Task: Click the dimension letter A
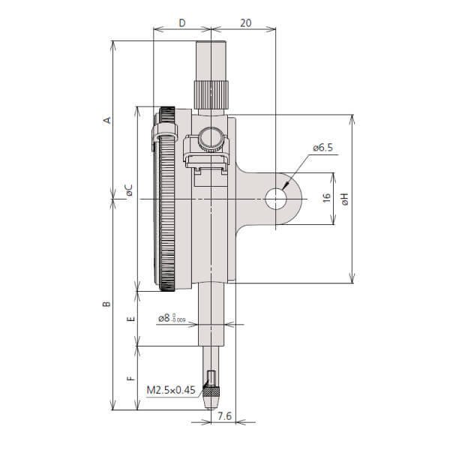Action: pyautogui.click(x=106, y=120)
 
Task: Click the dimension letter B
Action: pyautogui.click(x=106, y=304)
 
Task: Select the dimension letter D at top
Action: pyautogui.click(x=181, y=23)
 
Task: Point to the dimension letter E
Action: pyautogui.click(x=130, y=319)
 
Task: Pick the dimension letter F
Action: pyautogui.click(x=130, y=378)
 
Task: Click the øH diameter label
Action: pyautogui.click(x=344, y=199)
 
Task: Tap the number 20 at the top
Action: pyautogui.click(x=244, y=23)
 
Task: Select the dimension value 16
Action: pyautogui.click(x=325, y=198)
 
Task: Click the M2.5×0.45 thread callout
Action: pyautogui.click(x=170, y=390)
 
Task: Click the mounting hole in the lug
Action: pyautogui.click(x=276, y=199)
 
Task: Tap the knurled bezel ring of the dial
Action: pyautogui.click(x=166, y=199)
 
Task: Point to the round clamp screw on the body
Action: pyautogui.click(x=211, y=141)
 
